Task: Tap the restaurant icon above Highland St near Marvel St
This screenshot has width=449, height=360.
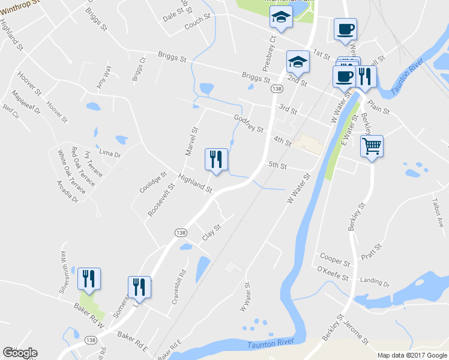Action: [216, 160]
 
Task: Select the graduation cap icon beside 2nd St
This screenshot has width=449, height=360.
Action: [298, 61]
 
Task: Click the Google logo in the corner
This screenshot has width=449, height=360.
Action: [20, 353]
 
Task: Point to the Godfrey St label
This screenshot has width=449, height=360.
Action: [249, 124]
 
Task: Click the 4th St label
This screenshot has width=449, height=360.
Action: [282, 142]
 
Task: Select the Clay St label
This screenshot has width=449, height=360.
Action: [212, 232]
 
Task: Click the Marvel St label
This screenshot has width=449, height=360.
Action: [191, 141]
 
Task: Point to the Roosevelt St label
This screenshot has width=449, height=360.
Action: [162, 200]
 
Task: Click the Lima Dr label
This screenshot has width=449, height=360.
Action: [110, 154]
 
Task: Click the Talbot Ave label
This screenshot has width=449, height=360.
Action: [439, 213]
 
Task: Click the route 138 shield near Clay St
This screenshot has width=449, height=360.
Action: [179, 232]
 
